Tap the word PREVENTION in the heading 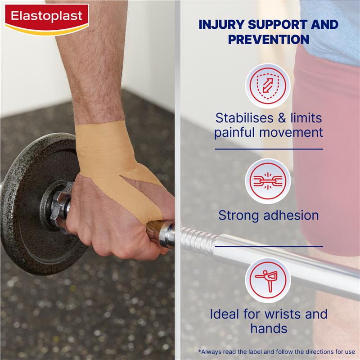coord(268,39)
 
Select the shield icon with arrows coord(268,85)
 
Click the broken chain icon coord(268,181)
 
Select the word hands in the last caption coord(269,328)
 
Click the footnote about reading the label coord(276,351)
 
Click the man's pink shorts coord(328,148)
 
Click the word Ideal coord(229,314)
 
